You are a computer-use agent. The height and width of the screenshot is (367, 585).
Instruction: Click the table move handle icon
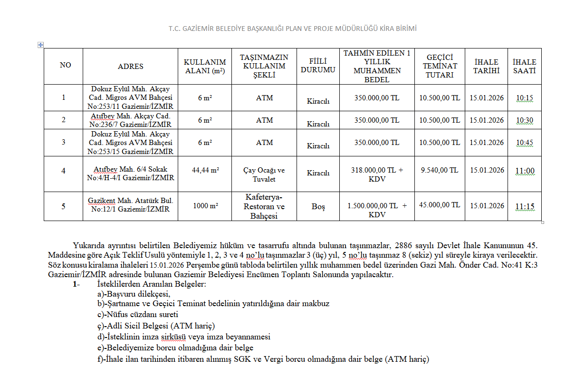[x=40, y=45]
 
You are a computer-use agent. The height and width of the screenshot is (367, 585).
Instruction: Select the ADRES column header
[x=130, y=67]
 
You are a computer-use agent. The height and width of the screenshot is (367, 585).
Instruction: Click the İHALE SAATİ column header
[x=524, y=66]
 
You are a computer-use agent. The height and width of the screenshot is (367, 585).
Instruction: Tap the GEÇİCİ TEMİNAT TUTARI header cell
[x=440, y=66]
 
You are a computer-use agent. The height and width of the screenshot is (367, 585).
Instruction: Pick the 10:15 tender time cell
[x=524, y=98]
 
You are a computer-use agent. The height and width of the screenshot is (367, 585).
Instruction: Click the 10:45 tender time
[x=524, y=143]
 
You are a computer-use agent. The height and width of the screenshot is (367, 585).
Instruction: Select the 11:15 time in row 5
[x=524, y=206]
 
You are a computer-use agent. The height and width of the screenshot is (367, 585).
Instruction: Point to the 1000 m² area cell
[x=205, y=206]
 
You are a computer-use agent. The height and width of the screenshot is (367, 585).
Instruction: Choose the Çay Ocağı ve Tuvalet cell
[x=264, y=174]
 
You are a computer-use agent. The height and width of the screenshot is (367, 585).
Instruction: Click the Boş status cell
[x=318, y=207]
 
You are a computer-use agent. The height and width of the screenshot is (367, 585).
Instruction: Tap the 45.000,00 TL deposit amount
[x=440, y=205]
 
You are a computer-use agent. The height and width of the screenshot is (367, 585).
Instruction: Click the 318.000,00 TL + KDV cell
[x=376, y=174]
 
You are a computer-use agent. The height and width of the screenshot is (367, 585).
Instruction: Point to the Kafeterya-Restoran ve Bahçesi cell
[x=264, y=206]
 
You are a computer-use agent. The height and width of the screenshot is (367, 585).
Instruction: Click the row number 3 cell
[x=64, y=143]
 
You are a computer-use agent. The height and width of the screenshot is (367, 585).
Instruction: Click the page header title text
[x=292, y=29]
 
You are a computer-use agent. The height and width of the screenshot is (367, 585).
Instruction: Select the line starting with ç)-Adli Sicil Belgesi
[x=156, y=326]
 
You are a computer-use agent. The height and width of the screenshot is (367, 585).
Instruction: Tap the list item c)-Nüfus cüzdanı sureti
[x=138, y=314]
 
